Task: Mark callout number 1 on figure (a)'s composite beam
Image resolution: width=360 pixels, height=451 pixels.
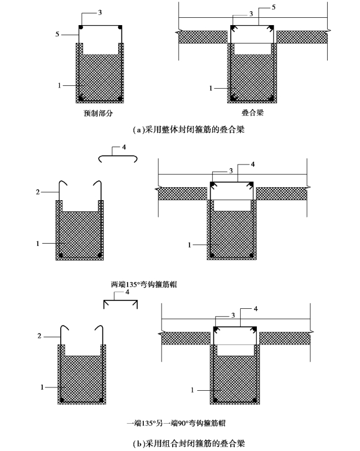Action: (211, 88)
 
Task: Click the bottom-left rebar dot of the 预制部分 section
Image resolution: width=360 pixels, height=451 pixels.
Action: (81, 98)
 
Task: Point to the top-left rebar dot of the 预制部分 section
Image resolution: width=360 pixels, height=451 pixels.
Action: (81, 27)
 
